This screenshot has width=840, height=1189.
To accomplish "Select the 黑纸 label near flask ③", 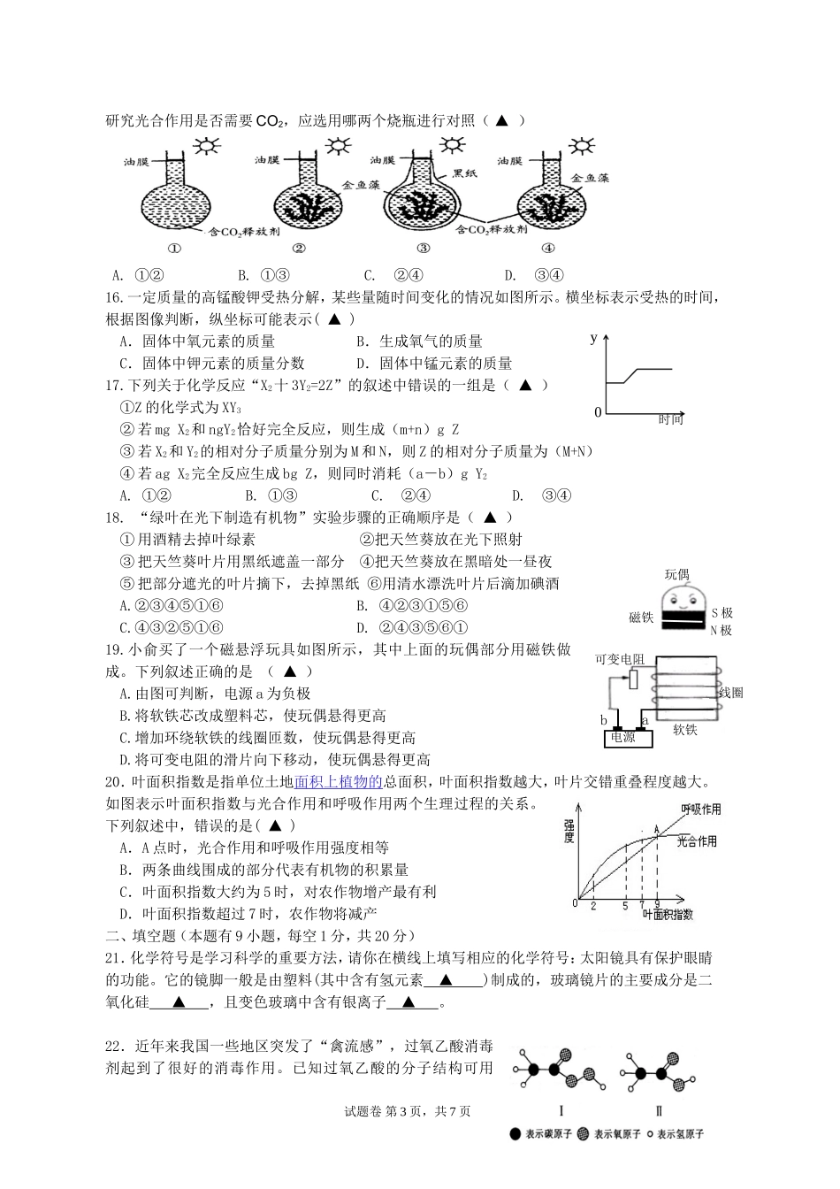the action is pyautogui.click(x=465, y=173).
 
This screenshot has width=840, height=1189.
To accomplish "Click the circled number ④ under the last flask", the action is pyautogui.click(x=547, y=249).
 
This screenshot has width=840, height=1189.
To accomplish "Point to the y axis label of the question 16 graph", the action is pyautogui.click(x=594, y=337).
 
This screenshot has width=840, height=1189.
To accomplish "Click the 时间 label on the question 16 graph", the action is pyautogui.click(x=671, y=419).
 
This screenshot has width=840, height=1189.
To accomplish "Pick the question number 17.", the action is pyautogui.click(x=112, y=385).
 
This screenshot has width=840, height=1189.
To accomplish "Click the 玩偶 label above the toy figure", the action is pyautogui.click(x=676, y=575).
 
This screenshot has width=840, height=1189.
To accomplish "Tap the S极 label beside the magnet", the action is pyautogui.click(x=722, y=613).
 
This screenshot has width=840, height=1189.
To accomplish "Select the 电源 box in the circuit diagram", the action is pyautogui.click(x=623, y=736).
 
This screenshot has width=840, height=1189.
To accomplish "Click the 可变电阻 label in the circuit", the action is pyautogui.click(x=620, y=659).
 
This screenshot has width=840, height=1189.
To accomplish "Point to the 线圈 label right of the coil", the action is pyautogui.click(x=731, y=692).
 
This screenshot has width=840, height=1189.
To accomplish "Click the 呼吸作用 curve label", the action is pyautogui.click(x=700, y=809).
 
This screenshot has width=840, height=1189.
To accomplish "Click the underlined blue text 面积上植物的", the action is pyautogui.click(x=337, y=781).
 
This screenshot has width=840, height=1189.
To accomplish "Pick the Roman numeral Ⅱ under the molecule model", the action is pyautogui.click(x=659, y=1111).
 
